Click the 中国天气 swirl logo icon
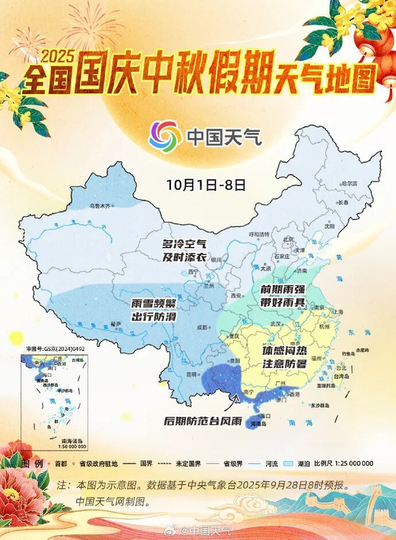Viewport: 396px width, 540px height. (163, 136)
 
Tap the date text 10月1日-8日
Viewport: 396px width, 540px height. (206, 185)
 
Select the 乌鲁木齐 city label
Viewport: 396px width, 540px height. (99, 205)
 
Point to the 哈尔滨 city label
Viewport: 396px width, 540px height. (348, 184)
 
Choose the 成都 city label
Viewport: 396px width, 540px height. (201, 327)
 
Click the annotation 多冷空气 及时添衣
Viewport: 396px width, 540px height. (184, 251)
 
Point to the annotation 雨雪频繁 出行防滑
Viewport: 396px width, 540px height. (153, 310)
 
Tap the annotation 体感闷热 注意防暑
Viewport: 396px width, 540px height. (285, 356)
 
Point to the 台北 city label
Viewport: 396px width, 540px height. (343, 368)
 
